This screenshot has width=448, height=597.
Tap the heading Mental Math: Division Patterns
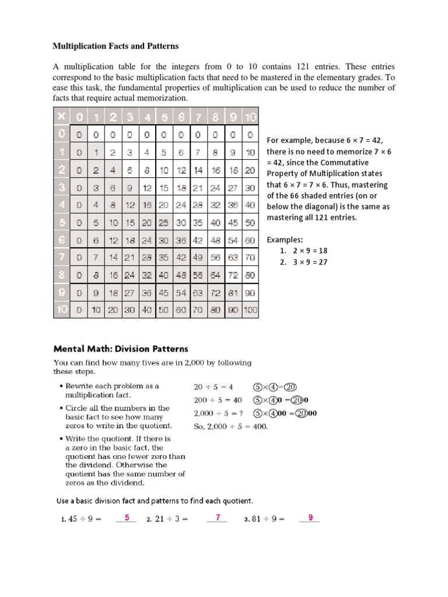point(121,349)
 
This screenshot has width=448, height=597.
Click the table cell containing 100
point(250,310)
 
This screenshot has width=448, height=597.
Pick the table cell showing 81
point(233,294)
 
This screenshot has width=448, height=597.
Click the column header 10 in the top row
point(250,117)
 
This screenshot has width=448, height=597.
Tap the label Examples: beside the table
point(285,240)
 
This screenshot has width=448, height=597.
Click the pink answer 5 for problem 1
point(127,517)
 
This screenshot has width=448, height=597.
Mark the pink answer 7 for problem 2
point(217,517)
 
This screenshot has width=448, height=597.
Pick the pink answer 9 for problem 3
point(310,517)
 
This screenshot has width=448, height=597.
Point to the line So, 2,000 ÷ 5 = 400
point(230,426)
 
